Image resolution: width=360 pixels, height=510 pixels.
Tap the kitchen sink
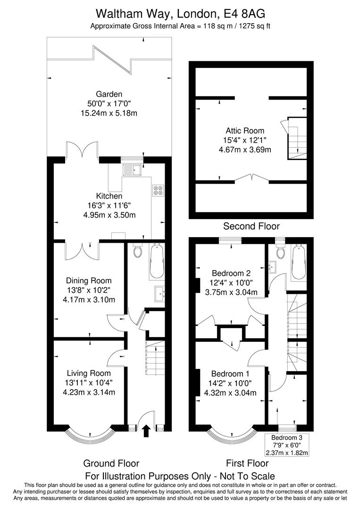point(132,170)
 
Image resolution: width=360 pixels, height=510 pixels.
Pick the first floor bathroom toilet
point(280,252)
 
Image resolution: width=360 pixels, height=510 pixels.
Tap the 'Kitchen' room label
point(109,196)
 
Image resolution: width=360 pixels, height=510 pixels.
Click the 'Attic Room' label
point(244,131)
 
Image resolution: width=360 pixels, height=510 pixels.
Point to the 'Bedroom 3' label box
point(287,445)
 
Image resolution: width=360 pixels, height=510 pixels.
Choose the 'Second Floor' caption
point(251,226)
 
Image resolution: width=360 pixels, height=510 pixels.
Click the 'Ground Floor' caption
point(111,463)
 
